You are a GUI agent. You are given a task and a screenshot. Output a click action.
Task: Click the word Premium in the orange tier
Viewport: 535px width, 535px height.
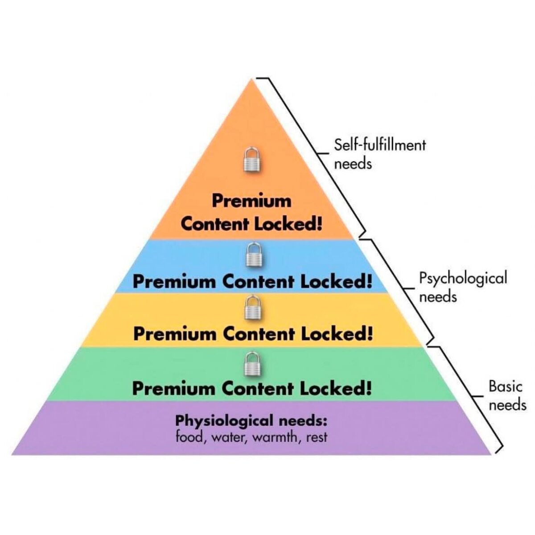251,201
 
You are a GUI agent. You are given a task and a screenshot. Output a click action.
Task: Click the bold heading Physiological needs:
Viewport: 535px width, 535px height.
251,420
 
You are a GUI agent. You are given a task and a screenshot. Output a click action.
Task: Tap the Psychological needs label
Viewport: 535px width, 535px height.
463,287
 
